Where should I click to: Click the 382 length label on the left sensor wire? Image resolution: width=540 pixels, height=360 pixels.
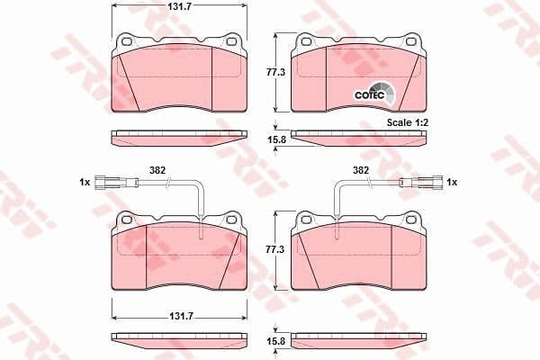[157, 169]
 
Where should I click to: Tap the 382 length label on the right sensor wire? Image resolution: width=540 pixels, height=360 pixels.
[360, 169]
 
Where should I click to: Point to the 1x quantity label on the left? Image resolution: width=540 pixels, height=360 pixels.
[85, 183]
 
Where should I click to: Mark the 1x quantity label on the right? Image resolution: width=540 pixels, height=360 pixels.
[453, 183]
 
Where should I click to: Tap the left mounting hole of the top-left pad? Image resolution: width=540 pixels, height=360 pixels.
[127, 40]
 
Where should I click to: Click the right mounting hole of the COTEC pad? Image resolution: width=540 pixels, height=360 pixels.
[411, 40]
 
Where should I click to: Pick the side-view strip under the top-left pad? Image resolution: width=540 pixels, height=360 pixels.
[178, 138]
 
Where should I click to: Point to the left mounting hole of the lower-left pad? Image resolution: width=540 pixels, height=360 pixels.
[127, 219]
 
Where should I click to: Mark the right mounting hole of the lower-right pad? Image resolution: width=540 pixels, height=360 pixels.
[411, 219]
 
